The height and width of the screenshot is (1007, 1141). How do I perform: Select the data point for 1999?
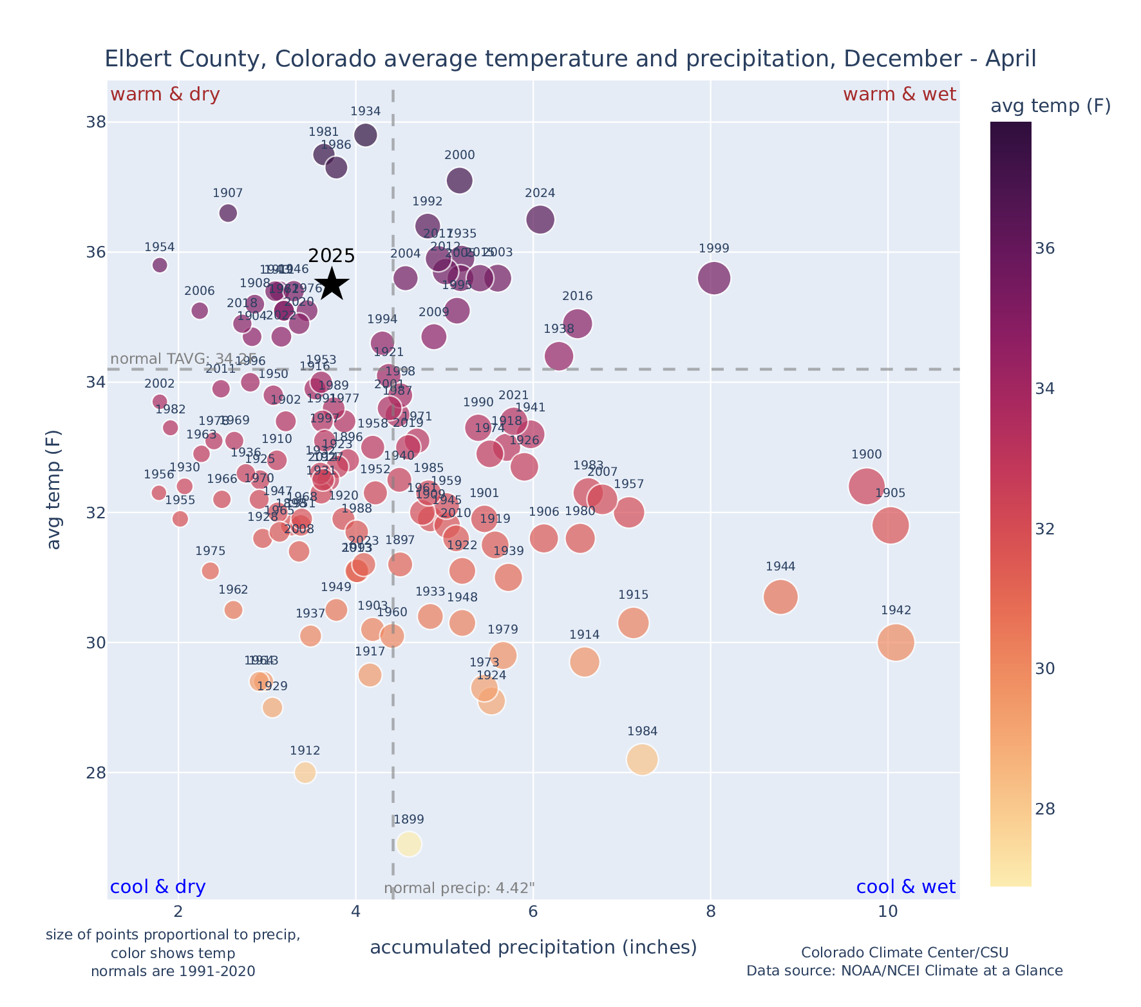(x=713, y=278)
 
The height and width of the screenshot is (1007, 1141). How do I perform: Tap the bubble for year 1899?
(x=409, y=843)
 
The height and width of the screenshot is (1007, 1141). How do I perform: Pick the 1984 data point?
(x=642, y=760)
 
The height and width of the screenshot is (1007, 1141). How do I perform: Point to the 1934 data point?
(x=365, y=135)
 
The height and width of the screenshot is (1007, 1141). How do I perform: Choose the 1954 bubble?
(x=160, y=265)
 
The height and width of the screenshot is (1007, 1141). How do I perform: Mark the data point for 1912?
(x=305, y=772)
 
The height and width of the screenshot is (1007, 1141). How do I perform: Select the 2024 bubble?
(x=540, y=220)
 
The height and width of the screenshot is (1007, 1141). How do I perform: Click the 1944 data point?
(x=780, y=597)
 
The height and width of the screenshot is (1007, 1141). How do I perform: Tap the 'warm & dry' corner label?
(x=165, y=95)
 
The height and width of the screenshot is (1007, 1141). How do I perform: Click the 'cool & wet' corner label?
(x=905, y=887)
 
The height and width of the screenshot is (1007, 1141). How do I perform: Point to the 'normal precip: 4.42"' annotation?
(x=459, y=889)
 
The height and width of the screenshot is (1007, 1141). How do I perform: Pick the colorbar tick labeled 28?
(x=1045, y=809)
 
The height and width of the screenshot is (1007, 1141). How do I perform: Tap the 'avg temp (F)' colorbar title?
(x=1050, y=106)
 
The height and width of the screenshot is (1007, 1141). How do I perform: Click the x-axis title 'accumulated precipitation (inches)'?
(x=533, y=947)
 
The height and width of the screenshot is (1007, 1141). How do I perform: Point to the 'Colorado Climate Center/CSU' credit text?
(x=904, y=952)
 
